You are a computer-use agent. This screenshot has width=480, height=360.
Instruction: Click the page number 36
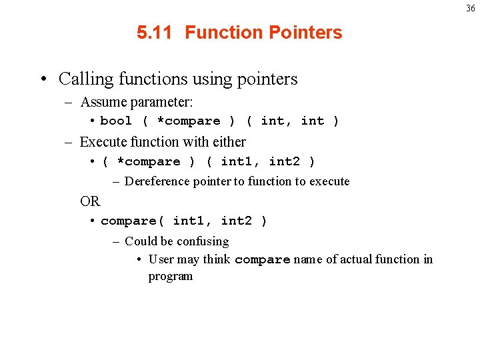point(471,9)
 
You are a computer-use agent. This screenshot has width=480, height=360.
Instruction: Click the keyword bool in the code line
point(116,121)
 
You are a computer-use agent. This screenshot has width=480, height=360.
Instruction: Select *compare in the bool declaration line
point(188,121)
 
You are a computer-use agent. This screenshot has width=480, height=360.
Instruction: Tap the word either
point(229,142)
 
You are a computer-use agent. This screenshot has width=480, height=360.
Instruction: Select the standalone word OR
point(89,201)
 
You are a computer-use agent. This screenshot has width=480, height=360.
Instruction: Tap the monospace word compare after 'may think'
point(263,260)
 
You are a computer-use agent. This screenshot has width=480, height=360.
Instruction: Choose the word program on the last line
point(170,277)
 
